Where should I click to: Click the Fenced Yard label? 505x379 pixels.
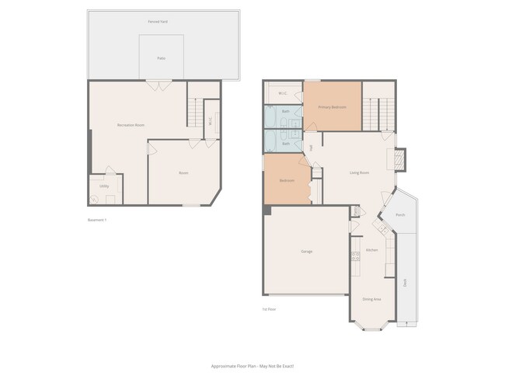pyautogui.click(x=158, y=21)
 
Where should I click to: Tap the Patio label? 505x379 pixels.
pyautogui.click(x=161, y=58)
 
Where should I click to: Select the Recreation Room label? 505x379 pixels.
pyautogui.click(x=131, y=124)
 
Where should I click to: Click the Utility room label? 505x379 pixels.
pyautogui.click(x=104, y=186)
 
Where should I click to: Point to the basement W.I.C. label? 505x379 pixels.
pyautogui.click(x=210, y=120)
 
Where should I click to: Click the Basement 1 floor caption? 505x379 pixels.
pyautogui.click(x=97, y=220)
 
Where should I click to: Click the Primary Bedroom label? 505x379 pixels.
pyautogui.click(x=332, y=106)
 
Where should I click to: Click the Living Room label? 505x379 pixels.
pyautogui.click(x=359, y=172)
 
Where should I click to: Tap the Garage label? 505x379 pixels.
pyautogui.click(x=307, y=252)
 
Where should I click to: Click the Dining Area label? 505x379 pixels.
pyautogui.click(x=371, y=298)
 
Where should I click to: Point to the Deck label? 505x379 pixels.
pyautogui.click(x=405, y=283)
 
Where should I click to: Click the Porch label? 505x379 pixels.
pyautogui.click(x=400, y=214)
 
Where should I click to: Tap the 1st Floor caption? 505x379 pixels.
pyautogui.click(x=269, y=309)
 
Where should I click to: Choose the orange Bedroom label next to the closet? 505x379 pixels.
pyautogui.click(x=287, y=180)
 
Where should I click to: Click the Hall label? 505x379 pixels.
pyautogui.click(x=311, y=147)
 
